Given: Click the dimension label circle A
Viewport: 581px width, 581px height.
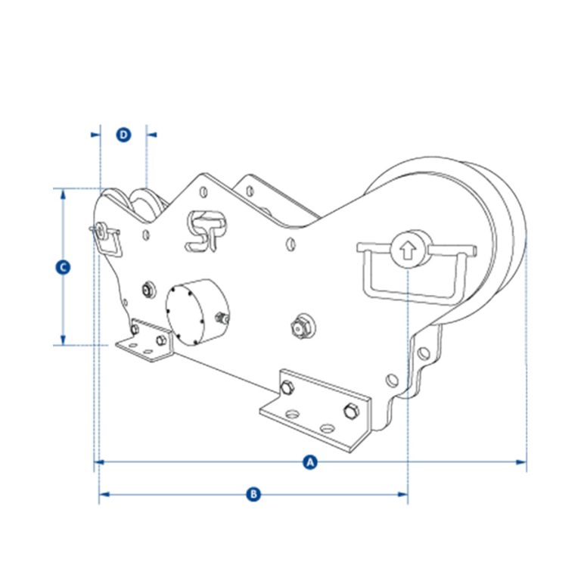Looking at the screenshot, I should click(x=308, y=461).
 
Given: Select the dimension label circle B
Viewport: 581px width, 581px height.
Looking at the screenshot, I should click(x=254, y=494).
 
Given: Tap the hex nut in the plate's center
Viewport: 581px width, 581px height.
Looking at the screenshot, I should click(x=300, y=327).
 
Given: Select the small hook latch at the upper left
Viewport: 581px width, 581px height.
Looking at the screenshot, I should click(x=104, y=236).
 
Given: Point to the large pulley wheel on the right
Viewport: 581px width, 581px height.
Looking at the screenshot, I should click(x=484, y=235).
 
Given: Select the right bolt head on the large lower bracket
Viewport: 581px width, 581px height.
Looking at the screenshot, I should click(x=350, y=411).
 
